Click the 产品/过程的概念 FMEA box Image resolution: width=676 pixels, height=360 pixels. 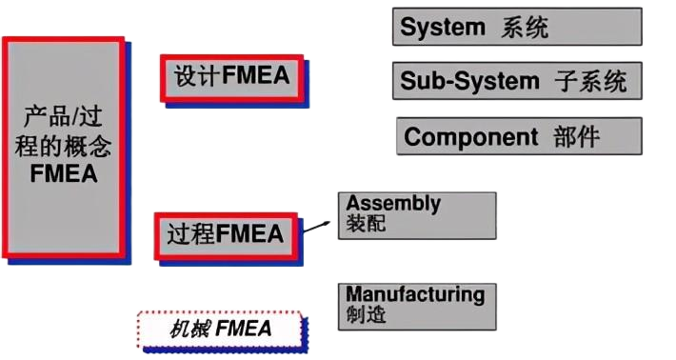point(64,146)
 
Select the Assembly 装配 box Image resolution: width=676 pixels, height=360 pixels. point(416,214)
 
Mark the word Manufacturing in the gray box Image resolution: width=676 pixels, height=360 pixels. point(415,294)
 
